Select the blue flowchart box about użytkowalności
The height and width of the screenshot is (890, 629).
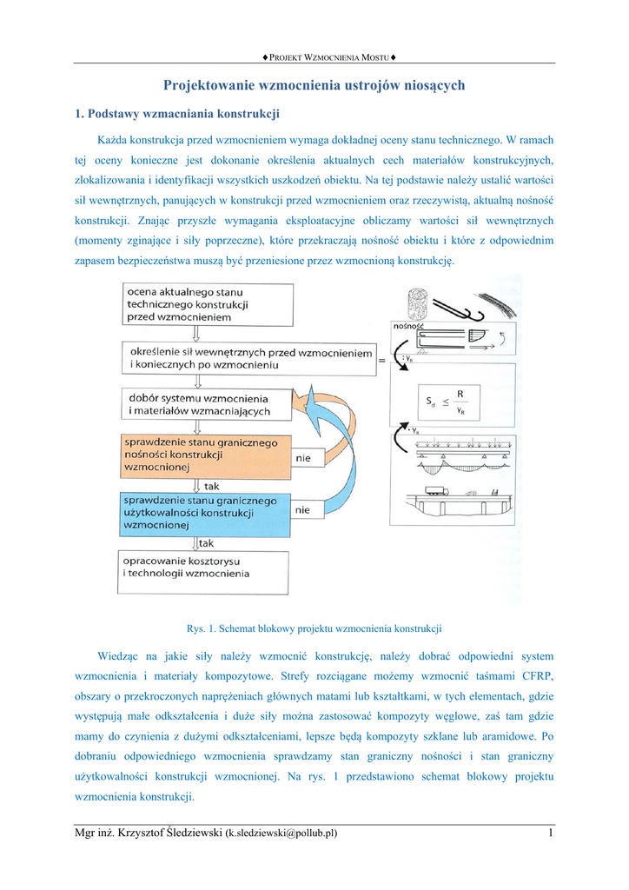(200, 514)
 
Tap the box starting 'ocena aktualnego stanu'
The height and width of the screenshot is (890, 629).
(186, 305)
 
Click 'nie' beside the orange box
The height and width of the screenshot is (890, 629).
(303, 458)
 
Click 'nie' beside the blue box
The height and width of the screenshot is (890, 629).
(303, 510)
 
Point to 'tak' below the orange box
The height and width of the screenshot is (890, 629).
(212, 486)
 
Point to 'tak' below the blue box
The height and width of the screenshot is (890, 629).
(207, 543)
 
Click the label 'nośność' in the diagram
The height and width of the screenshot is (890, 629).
(408, 326)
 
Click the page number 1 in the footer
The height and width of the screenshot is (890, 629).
(551, 834)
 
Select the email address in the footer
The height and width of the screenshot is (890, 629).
(281, 834)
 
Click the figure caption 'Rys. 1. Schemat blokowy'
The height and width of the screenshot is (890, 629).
(314, 628)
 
